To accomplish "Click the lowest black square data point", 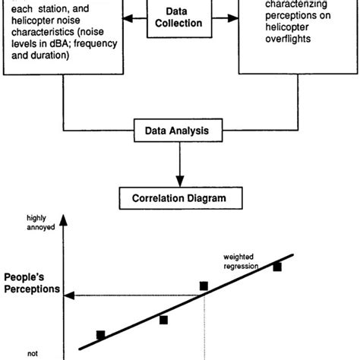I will (101, 334).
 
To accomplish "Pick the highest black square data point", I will (277, 267).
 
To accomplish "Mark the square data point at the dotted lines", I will (204, 286).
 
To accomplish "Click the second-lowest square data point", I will (163, 320).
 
